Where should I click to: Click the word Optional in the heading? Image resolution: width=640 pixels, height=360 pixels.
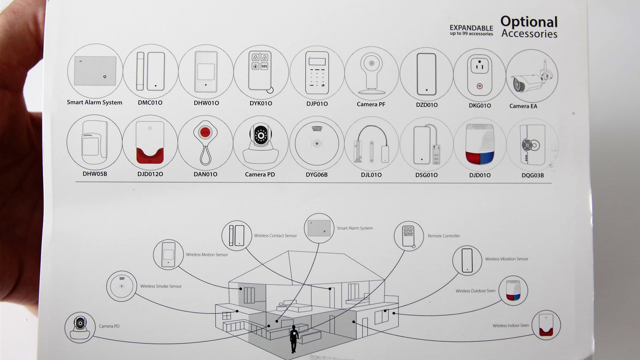(x=529, y=22)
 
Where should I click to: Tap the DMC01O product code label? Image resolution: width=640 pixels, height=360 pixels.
(x=150, y=103)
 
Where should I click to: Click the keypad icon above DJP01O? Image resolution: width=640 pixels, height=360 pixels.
(x=317, y=73)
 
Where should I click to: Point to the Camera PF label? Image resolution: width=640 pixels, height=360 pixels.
(x=371, y=104)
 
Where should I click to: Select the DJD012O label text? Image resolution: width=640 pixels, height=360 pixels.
(x=150, y=174)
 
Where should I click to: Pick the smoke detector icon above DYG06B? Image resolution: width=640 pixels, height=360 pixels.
(x=316, y=143)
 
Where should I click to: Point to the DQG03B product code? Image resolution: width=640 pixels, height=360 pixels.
(x=533, y=175)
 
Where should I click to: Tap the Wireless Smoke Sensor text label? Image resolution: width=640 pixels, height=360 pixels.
(x=161, y=286)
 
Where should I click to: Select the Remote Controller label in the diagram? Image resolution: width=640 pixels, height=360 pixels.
(x=444, y=236)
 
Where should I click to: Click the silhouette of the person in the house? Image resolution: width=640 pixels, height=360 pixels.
(x=294, y=338)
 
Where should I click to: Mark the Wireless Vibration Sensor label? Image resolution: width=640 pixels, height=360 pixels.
(x=506, y=259)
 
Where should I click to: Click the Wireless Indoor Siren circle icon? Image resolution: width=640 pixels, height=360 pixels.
(x=546, y=325)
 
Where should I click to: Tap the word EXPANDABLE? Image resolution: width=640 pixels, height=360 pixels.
(x=471, y=28)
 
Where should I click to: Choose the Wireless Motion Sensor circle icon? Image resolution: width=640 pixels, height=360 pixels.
(x=168, y=254)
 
